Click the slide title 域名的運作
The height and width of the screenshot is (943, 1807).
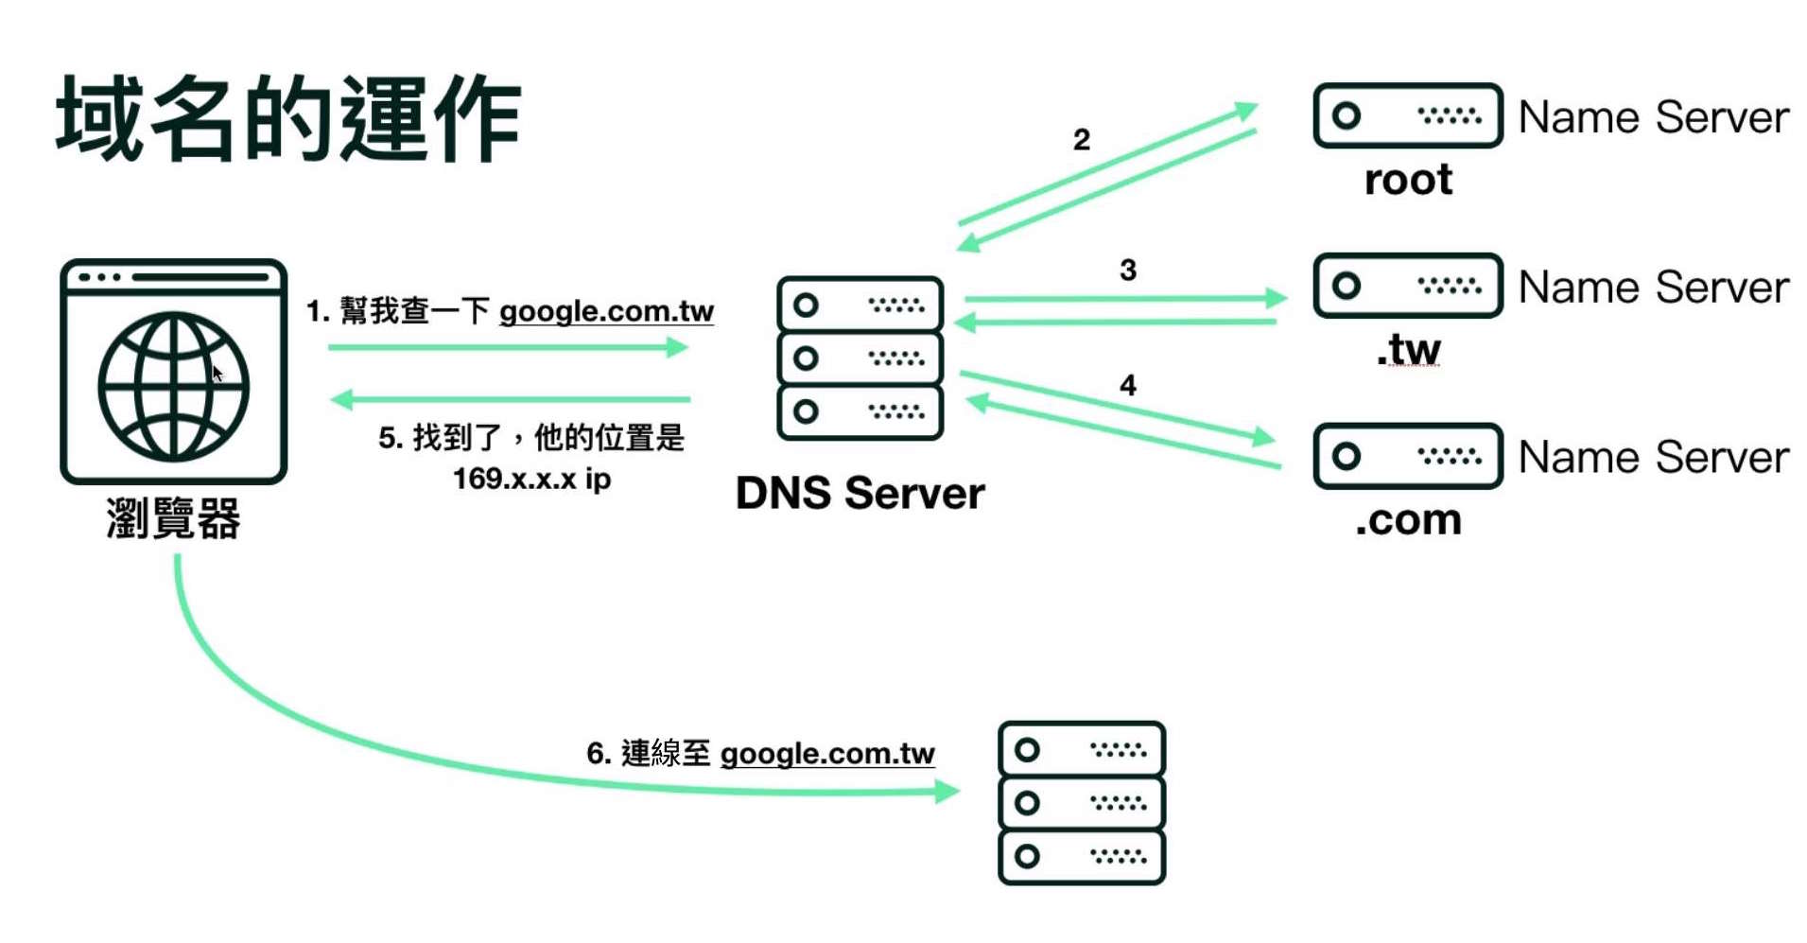point(288,118)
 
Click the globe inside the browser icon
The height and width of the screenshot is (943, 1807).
point(173,387)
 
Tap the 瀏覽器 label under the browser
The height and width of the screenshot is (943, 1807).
point(173,518)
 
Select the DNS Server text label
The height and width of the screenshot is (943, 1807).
point(860,493)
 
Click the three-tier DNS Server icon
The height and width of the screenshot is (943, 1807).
point(860,358)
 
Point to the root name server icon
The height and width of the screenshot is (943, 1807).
point(1407,115)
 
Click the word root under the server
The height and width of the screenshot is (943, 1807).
point(1408,180)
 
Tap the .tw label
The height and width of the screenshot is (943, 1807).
point(1408,350)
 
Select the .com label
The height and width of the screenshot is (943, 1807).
point(1408,520)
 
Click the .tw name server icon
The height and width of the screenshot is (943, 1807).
point(1407,286)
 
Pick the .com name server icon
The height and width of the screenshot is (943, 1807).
point(1407,456)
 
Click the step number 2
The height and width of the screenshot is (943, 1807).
point(1082,140)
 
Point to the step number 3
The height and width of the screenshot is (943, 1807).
point(1127,271)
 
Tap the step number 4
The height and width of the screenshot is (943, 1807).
point(1127,386)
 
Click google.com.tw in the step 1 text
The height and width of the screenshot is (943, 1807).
point(606,311)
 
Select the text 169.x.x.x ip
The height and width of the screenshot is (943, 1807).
point(531,479)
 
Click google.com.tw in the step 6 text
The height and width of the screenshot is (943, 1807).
point(827,754)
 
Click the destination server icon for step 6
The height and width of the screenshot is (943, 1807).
point(1081,803)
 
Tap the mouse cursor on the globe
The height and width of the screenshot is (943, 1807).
point(217,373)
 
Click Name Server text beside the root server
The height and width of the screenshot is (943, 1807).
point(1653,117)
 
